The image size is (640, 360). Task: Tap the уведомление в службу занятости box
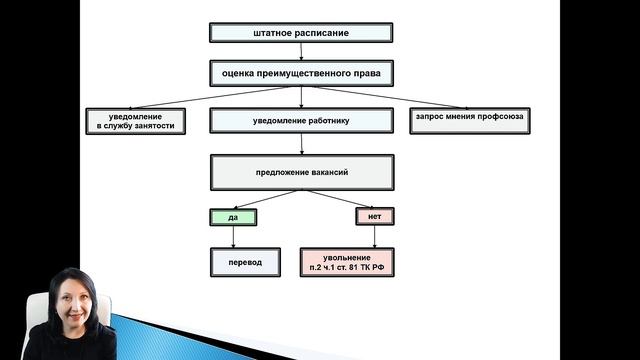click(135, 120)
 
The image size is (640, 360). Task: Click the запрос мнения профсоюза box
click(469, 120)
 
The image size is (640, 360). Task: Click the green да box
click(233, 216)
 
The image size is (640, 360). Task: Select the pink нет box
click(375, 216)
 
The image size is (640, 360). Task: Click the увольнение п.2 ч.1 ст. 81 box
click(347, 262)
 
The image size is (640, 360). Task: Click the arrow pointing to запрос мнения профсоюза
click(400, 97)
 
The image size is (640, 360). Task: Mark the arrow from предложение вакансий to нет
click(340, 199)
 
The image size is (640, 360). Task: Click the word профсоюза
click(496, 120)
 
